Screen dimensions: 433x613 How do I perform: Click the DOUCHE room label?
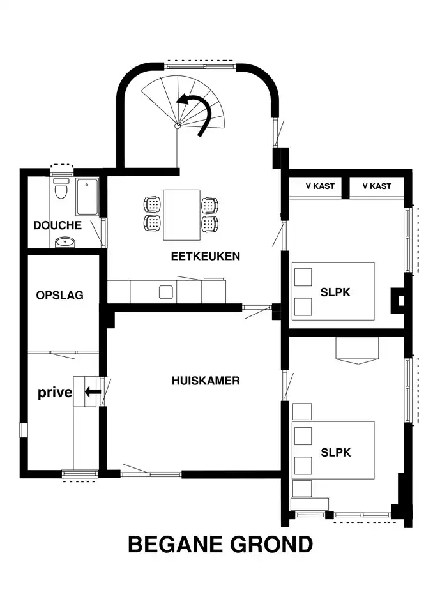point(57,225)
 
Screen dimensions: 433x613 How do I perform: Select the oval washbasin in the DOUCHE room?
point(65,242)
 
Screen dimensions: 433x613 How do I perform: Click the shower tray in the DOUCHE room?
point(87,197)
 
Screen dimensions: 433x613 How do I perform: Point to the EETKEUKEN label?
point(206,256)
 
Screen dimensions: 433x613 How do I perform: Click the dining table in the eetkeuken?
point(181,215)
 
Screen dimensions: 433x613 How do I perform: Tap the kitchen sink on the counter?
point(166,292)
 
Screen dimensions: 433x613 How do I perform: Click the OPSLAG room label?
point(60,295)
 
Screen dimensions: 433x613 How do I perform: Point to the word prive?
point(55,392)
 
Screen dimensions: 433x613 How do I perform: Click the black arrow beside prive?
point(93,391)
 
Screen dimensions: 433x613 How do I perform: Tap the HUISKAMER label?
point(206,381)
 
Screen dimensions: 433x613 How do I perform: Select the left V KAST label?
point(320,186)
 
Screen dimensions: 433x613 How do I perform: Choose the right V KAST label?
point(377,186)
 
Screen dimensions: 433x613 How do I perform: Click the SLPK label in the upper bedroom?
point(335,292)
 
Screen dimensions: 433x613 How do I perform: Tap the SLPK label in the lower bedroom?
point(335,452)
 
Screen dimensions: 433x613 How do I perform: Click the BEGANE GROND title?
point(220,544)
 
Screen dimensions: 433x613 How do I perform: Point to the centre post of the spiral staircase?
point(177,126)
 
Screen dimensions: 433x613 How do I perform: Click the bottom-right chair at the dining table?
point(209,223)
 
